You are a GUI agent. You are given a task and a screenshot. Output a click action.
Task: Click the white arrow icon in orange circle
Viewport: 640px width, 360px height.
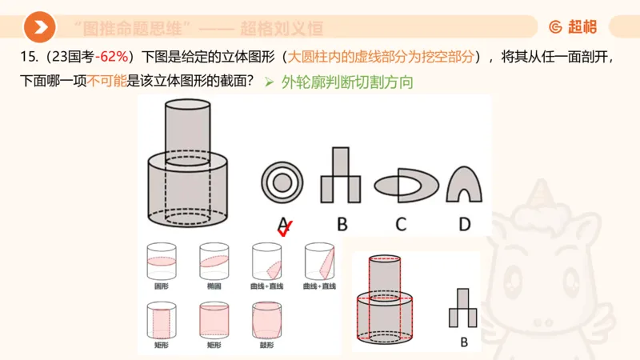[39, 28]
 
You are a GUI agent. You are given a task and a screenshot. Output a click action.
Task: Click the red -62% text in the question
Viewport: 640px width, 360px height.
[112, 58]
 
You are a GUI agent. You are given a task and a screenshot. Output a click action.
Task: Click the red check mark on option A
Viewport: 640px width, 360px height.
[284, 228]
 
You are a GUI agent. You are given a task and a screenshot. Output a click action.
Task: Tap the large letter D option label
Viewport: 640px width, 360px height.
[464, 224]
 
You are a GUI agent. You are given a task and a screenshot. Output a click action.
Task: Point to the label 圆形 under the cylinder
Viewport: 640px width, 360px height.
[161, 286]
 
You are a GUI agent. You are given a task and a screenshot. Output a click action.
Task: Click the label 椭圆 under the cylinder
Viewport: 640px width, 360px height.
[214, 286]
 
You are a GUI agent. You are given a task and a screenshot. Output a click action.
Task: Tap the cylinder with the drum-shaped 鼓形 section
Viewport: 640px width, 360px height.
[266, 320]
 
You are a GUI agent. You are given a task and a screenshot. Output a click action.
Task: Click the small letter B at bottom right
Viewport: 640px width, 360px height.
[463, 342]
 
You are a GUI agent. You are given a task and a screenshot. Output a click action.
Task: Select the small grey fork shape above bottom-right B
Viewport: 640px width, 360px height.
[463, 308]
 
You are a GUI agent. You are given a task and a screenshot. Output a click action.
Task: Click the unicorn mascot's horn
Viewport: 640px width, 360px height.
[550, 192]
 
